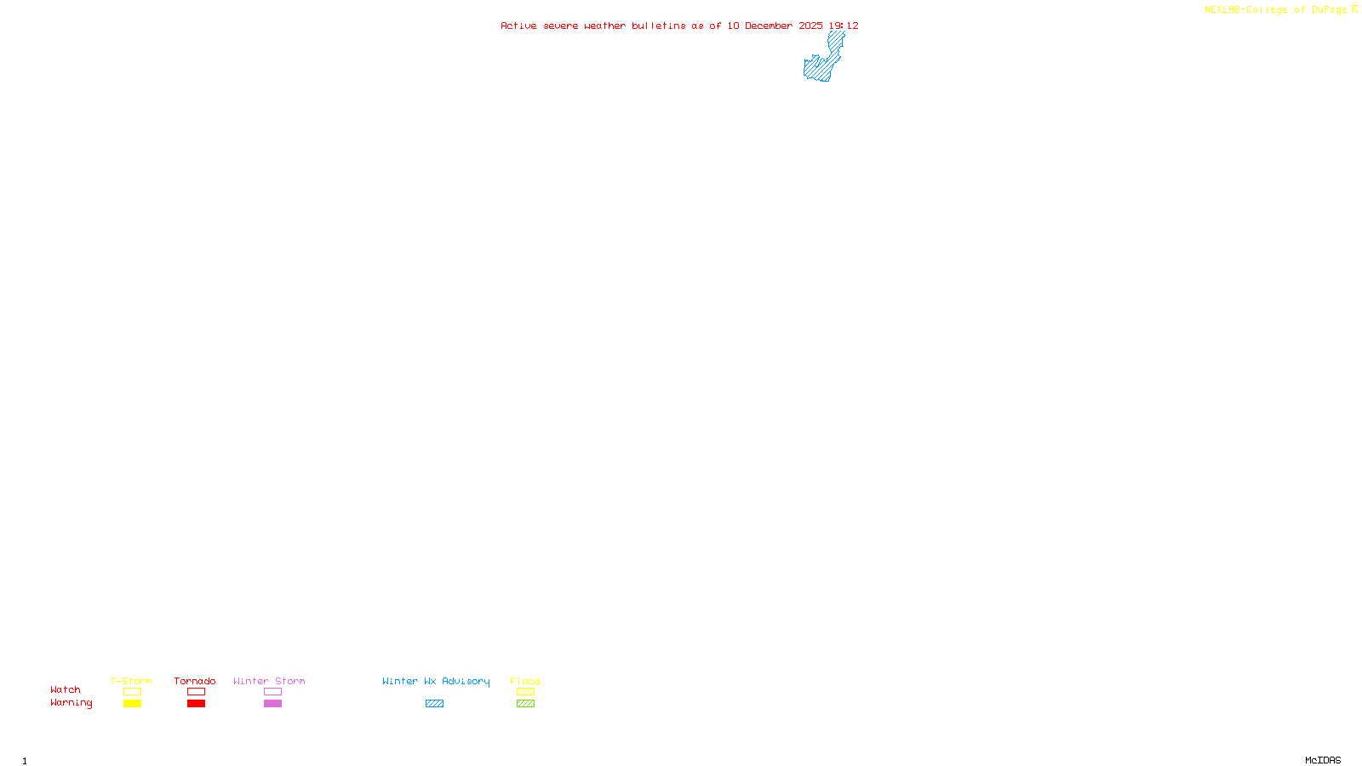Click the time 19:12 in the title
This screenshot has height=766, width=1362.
click(844, 26)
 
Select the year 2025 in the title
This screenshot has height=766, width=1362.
click(810, 26)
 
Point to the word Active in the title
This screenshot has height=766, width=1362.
click(518, 26)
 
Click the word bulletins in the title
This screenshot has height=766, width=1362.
click(659, 26)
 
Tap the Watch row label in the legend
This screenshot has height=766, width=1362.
click(66, 690)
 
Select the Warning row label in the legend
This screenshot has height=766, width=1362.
click(72, 703)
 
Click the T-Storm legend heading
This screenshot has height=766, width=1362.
click(131, 681)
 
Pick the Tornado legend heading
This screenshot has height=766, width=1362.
click(195, 681)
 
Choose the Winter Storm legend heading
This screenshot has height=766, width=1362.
click(269, 681)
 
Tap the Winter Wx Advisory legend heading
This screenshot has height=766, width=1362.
click(436, 681)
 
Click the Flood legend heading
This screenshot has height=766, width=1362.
click(525, 681)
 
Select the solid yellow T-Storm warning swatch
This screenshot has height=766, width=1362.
click(132, 704)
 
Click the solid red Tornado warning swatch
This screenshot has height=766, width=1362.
click(197, 704)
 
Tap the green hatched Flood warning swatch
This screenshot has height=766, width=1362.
click(526, 704)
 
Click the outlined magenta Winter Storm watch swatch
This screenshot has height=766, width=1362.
click(272, 692)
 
